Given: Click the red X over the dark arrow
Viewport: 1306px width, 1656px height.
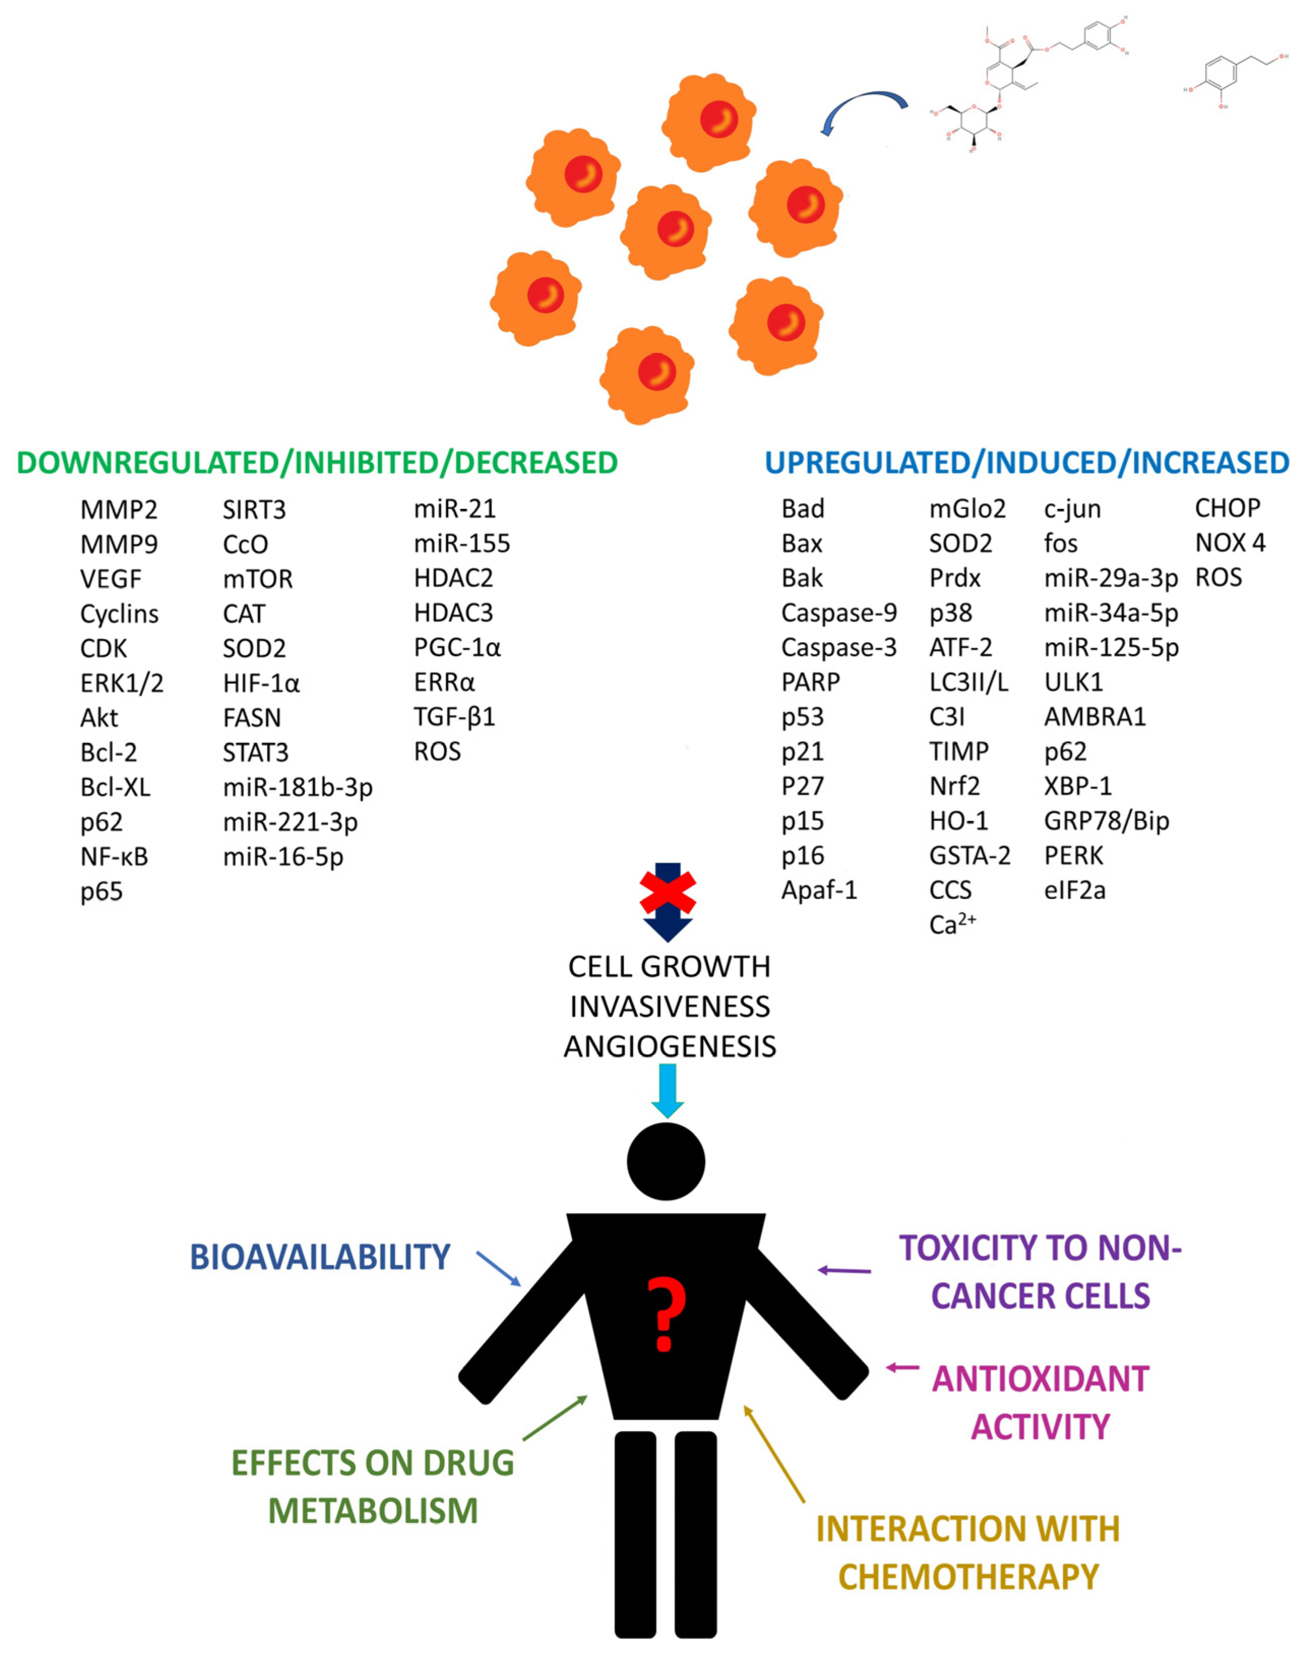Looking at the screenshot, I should tap(667, 890).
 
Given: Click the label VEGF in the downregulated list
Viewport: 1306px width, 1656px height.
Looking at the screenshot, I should tap(111, 579).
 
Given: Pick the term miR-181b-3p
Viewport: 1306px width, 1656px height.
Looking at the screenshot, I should tap(298, 787).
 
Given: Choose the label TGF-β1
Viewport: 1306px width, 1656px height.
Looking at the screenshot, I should tap(454, 717).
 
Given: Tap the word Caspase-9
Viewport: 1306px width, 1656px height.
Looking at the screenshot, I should tap(839, 613).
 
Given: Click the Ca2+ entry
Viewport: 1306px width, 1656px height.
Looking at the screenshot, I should tap(952, 925).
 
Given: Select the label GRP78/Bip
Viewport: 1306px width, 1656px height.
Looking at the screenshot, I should tap(1106, 821).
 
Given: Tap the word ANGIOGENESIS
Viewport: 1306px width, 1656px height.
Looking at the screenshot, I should tap(670, 1046).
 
